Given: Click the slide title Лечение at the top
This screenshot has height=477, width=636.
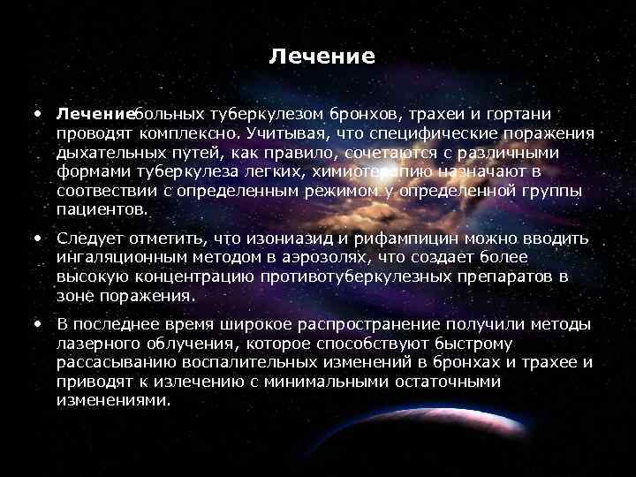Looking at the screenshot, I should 322,57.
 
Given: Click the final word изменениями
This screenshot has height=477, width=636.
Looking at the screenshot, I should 112,400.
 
